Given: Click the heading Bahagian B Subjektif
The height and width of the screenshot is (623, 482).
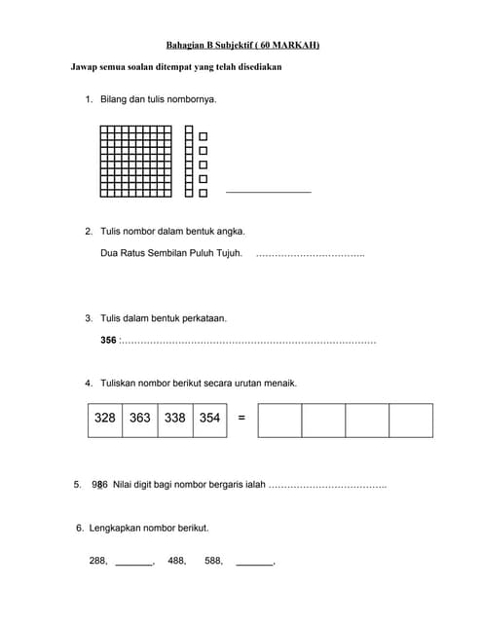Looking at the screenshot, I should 242,45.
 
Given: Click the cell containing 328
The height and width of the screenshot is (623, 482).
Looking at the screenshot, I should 105,418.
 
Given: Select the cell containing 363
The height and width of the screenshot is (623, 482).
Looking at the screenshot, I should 139,418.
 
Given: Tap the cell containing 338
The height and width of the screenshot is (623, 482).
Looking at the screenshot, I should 175,418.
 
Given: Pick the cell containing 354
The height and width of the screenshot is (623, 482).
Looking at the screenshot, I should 209,418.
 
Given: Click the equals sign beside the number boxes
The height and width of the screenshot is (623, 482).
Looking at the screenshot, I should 241,419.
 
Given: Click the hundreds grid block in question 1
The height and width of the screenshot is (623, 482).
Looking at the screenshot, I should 135,162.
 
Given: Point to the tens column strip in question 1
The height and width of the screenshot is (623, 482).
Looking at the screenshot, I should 189,162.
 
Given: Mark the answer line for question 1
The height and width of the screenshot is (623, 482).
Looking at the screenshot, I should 268,192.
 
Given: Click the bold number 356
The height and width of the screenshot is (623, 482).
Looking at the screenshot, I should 108,341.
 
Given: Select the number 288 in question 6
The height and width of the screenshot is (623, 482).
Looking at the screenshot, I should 97,561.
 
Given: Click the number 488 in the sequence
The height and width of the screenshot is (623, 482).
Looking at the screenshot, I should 176,561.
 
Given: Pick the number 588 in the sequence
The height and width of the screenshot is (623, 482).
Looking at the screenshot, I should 214,561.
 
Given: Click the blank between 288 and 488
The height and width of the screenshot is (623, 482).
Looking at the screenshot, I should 134,563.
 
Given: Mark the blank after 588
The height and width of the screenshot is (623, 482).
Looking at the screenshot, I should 255,563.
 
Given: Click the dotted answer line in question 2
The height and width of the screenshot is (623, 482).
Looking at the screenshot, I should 310,255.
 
